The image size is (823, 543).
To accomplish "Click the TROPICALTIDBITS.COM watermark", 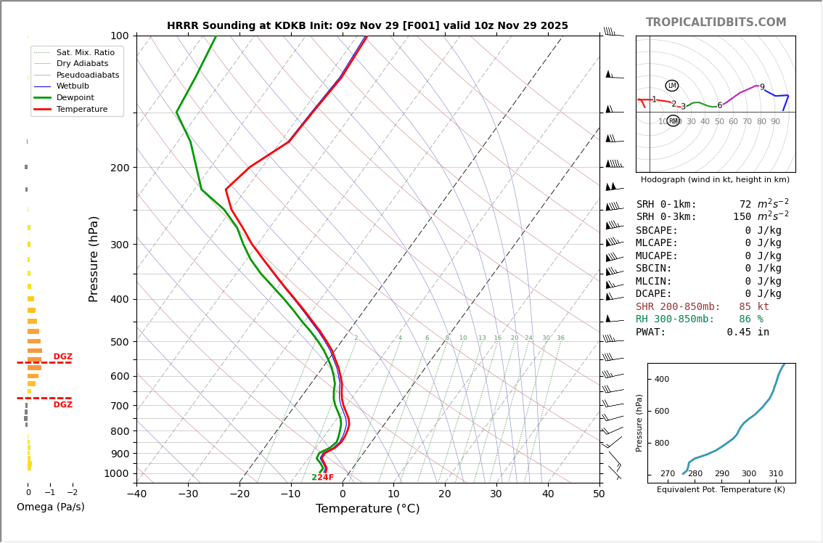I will pyautogui.click(x=716, y=23).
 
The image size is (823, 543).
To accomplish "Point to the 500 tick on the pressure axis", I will pyautogui.click(x=120, y=342).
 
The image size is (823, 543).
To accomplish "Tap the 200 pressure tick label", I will pyautogui.click(x=120, y=168).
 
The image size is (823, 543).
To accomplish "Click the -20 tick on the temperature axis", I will pyautogui.click(x=239, y=494).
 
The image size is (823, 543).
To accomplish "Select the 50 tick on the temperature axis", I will pyautogui.click(x=599, y=494).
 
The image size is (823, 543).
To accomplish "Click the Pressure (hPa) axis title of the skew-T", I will pyautogui.click(x=94, y=258).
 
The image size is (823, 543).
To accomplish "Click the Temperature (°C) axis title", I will pyautogui.click(x=367, y=510).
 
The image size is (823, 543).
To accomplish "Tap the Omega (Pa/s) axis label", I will pyautogui.click(x=50, y=507).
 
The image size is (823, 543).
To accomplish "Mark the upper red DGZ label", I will pyautogui.click(x=62, y=357).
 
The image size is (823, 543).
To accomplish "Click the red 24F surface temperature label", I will pyautogui.click(x=325, y=478).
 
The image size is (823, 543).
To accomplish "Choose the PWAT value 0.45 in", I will pyautogui.click(x=748, y=332).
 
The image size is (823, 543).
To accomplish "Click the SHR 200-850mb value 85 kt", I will pyautogui.click(x=754, y=307).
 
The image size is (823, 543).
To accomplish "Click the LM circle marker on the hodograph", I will pyautogui.click(x=672, y=86).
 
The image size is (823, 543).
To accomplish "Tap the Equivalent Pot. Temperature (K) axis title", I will pyautogui.click(x=720, y=490).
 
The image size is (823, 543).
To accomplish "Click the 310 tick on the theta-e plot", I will pyautogui.click(x=775, y=474).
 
